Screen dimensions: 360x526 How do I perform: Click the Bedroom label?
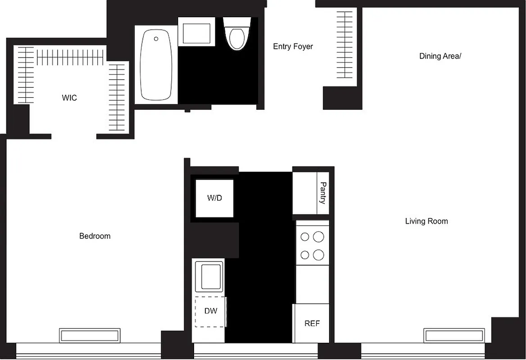coord(95,236)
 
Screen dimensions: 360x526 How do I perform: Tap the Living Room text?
coord(426,221)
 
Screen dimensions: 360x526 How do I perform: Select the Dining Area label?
coord(440,56)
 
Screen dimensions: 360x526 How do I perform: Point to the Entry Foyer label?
coord(293,46)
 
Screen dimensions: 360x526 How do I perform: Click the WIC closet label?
coord(69,98)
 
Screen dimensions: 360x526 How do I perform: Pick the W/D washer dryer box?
coord(214,198)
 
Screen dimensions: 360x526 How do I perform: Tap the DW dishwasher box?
coord(210,311)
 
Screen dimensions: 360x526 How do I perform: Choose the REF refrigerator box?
coord(312,324)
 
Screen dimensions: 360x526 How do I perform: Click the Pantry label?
coord(323,193)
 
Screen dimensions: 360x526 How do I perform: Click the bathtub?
coord(156,65)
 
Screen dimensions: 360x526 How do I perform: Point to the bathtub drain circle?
coord(156,39)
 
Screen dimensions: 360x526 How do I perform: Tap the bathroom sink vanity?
coord(196,31)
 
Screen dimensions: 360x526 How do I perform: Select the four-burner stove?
coord(313,246)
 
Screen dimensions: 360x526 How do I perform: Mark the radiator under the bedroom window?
coord(90,336)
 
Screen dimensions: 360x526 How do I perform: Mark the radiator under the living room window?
coord(453,336)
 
